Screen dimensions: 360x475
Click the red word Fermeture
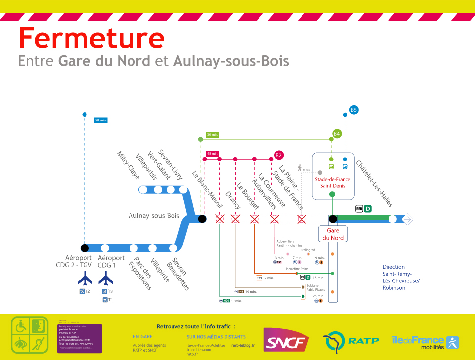[x=91, y=38]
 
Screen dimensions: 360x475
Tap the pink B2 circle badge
[x=279, y=155]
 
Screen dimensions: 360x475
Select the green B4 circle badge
[x=337, y=134]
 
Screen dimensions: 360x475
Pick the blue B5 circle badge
[x=353, y=110]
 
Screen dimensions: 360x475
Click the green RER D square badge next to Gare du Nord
[x=368, y=209]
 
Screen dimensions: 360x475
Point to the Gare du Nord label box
[x=333, y=234]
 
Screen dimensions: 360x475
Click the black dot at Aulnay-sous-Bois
[x=202, y=219]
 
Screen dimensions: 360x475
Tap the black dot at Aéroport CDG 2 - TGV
[x=85, y=248]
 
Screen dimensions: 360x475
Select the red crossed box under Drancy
[x=235, y=219]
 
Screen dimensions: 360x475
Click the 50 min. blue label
[x=100, y=120]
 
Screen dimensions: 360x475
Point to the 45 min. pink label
[x=213, y=153]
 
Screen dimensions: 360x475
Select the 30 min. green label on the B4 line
[x=213, y=134]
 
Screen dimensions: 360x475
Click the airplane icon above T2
[x=85, y=280]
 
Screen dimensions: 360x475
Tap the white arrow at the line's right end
[x=408, y=219]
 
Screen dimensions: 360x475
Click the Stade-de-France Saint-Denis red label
[x=333, y=183]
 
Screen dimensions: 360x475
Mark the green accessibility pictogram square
[x=30, y=334]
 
